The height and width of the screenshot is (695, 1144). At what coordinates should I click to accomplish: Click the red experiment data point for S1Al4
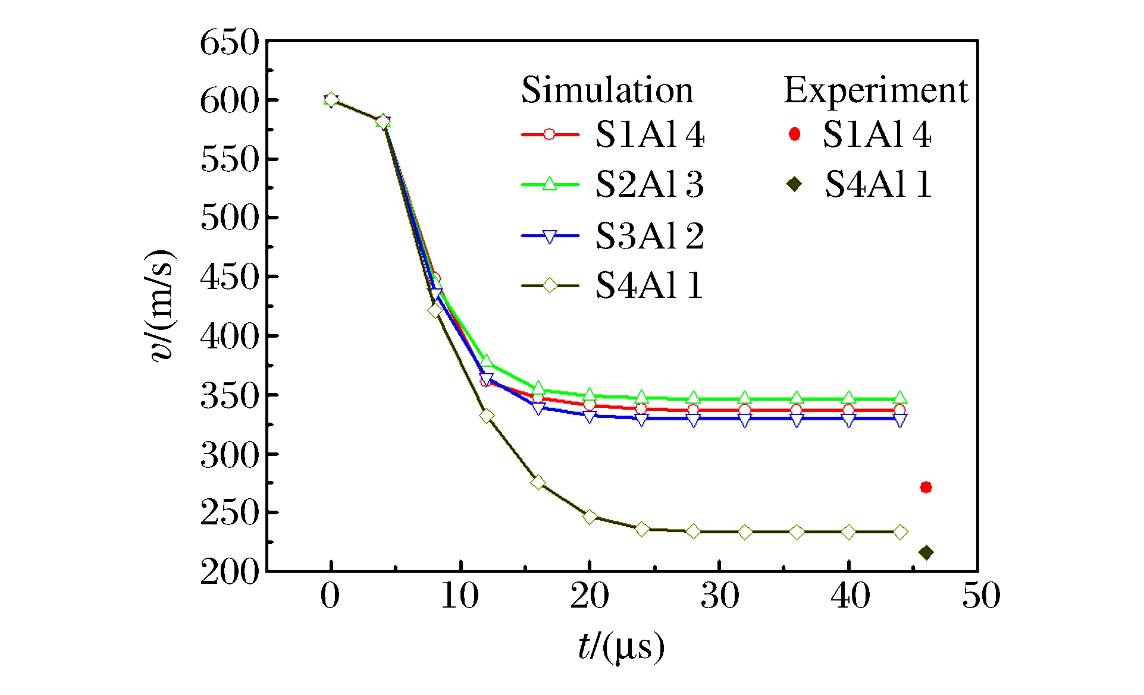(926, 488)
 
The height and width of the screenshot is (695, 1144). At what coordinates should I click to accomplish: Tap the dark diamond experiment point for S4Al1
(926, 553)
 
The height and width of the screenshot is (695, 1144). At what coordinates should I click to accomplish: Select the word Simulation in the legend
(607, 90)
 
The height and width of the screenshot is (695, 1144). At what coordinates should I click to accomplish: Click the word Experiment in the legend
(876, 90)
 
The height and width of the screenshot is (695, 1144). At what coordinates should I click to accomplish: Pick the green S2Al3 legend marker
(550, 184)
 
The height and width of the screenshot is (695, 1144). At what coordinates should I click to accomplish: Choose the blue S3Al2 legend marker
(550, 237)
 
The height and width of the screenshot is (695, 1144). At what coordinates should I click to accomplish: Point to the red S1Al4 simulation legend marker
(550, 134)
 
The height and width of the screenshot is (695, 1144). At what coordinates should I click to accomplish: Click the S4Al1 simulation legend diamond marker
(550, 286)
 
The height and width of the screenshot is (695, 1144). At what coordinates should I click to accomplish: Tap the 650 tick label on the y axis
(230, 43)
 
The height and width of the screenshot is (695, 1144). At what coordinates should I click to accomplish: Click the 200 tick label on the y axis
(230, 572)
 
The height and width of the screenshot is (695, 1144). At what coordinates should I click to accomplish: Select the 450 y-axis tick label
(230, 277)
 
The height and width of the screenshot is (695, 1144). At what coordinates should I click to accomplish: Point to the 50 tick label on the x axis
(981, 596)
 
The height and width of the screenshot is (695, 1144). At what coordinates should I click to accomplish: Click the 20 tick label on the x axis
(590, 596)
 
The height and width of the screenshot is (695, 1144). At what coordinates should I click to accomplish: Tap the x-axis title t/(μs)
(621, 647)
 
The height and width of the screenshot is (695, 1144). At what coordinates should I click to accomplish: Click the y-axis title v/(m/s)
(161, 306)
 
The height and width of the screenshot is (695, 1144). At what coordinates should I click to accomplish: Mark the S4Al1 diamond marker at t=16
(538, 482)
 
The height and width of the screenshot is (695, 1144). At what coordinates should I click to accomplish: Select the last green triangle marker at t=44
(901, 398)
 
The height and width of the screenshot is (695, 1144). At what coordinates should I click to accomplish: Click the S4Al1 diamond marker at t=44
(901, 532)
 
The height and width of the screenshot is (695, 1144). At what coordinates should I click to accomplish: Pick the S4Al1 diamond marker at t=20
(590, 517)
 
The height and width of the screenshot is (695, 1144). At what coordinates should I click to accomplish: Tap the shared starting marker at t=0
(331, 100)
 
